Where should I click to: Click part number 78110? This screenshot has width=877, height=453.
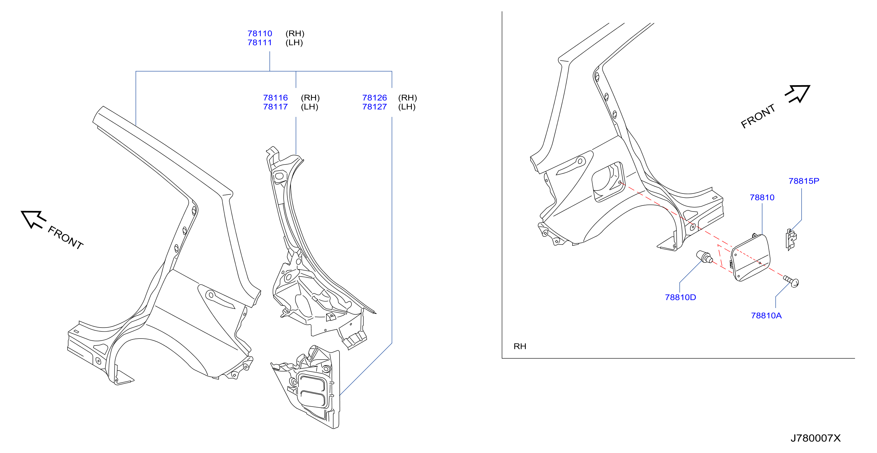coord(260,33)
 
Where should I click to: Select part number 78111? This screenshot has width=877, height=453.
coord(260,42)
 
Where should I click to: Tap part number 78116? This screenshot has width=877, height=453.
coord(275,98)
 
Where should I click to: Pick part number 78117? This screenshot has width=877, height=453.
coord(275,107)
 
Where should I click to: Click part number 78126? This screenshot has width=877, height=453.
coord(374,98)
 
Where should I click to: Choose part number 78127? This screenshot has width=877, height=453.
coord(374,107)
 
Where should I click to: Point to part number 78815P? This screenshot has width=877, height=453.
coord(804,181)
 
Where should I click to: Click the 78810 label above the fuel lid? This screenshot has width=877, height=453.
coord(762,198)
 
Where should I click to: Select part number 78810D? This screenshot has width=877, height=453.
coord(681,297)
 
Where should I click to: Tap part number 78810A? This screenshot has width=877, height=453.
coord(766,316)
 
